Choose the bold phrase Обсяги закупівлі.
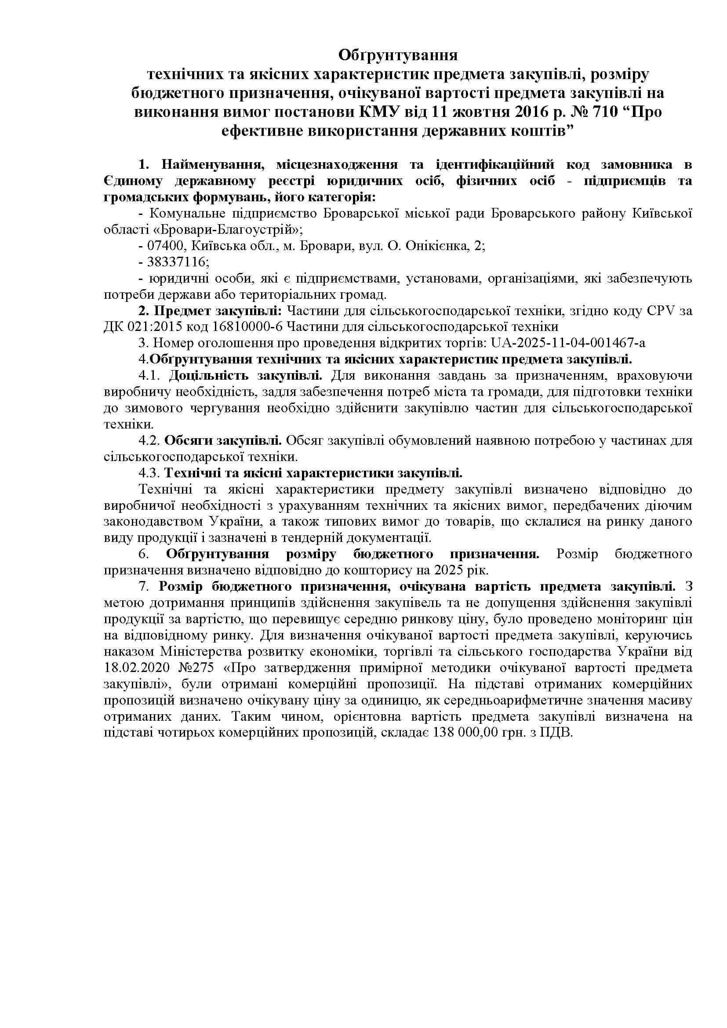tap(222, 440)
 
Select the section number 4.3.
tap(149, 473)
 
